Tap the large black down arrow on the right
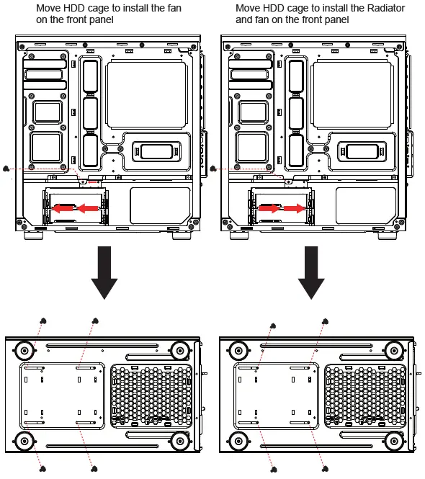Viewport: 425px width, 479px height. (312, 272)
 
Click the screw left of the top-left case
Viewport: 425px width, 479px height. (6, 168)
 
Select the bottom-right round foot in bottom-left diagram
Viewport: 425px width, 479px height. (179, 439)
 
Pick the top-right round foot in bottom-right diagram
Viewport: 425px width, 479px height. (393, 351)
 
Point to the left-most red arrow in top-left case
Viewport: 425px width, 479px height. (63, 208)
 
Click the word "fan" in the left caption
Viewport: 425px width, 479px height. (174, 8)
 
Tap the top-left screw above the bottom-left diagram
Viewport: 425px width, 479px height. (43, 321)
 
